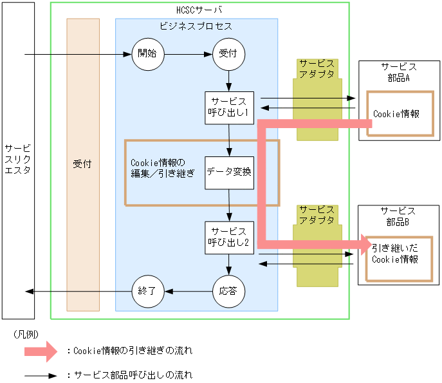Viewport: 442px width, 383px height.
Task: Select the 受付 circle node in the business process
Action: point(228,54)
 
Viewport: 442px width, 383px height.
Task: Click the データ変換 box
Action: point(229,173)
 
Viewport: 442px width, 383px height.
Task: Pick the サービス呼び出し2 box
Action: point(229,238)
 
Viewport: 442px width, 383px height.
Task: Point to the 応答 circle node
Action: point(228,291)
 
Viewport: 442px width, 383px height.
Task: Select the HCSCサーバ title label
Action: point(199,10)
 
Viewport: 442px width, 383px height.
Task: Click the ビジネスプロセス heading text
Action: point(196,27)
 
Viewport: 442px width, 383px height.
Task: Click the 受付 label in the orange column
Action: point(82,164)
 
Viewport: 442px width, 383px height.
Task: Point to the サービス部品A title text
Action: point(398,72)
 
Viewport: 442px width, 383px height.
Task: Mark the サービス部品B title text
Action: point(398,216)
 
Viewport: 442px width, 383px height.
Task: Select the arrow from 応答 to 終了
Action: point(188,291)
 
